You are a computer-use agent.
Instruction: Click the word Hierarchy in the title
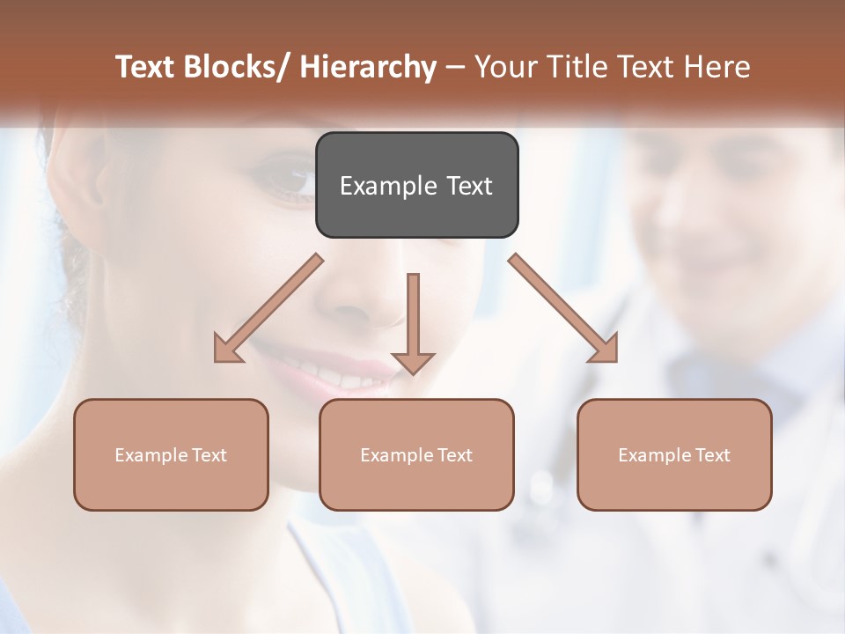(x=368, y=67)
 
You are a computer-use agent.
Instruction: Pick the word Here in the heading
(x=718, y=67)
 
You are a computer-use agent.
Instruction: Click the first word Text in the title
(x=146, y=67)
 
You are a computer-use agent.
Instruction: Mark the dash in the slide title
(x=455, y=67)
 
